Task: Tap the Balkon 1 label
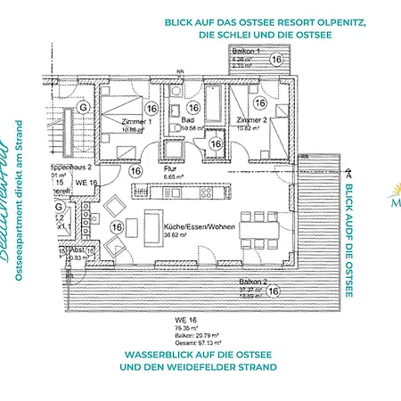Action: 246,53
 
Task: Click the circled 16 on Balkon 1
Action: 277,60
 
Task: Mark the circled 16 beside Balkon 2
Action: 274,291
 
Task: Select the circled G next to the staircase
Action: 83,108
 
